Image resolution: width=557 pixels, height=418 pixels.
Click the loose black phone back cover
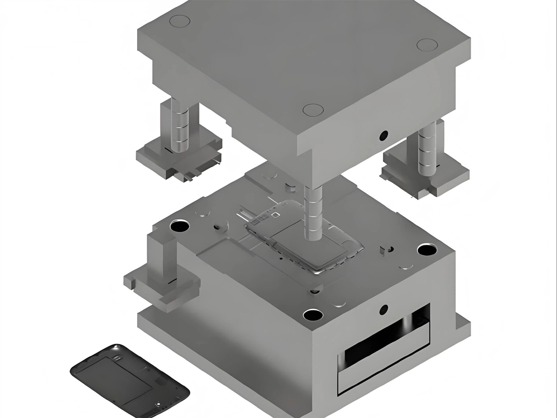[130, 381]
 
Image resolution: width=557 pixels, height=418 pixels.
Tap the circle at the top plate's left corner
[179, 21]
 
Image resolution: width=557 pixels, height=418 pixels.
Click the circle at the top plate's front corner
[313, 110]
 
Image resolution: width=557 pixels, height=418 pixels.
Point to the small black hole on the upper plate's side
[383, 135]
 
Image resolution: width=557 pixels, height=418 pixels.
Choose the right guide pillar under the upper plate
[427, 149]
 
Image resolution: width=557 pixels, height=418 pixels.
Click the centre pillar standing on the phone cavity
[313, 213]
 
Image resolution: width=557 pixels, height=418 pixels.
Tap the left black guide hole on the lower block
[179, 226]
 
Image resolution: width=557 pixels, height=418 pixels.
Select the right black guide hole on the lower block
[427, 250]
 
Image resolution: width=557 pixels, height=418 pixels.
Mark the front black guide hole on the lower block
[313, 315]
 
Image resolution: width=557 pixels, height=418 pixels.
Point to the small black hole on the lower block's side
[383, 309]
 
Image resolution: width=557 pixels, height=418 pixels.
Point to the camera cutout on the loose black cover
[117, 357]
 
